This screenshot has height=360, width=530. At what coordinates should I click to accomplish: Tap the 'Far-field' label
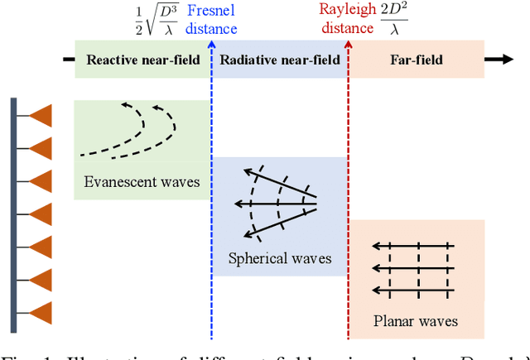tap(417, 60)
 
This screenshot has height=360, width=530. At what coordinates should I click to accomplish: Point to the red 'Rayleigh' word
tap(346, 11)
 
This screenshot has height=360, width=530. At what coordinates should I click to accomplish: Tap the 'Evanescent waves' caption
tap(142, 182)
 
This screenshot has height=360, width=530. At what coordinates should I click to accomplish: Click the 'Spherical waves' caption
tap(280, 258)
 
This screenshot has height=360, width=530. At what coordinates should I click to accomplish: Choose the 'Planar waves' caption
tap(416, 321)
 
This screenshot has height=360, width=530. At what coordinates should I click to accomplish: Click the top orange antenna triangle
tap(41, 117)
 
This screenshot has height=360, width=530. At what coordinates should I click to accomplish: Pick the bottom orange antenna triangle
tap(41, 312)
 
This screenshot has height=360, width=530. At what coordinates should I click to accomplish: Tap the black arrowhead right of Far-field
tap(500, 60)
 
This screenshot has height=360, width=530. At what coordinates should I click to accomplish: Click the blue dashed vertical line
tap(212, 207)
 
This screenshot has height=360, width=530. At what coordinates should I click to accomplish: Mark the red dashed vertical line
tap(349, 207)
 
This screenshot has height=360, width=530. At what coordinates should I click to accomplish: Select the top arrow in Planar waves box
tap(412, 246)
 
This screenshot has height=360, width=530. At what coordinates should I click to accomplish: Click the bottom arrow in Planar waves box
tap(412, 290)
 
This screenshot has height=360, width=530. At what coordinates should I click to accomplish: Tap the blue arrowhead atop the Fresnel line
tap(212, 43)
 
